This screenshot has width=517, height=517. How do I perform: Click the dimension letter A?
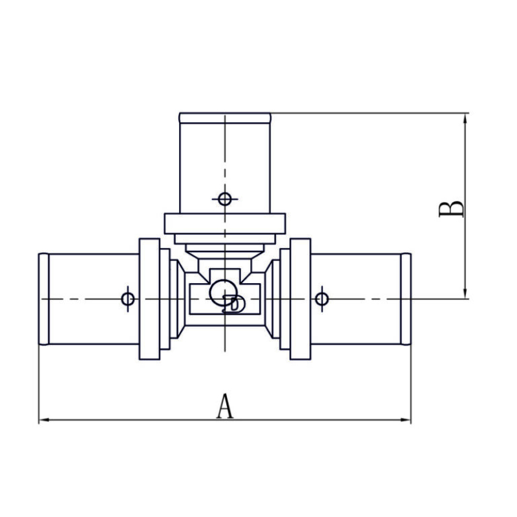[225, 406]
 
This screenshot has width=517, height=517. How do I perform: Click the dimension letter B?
[451, 209]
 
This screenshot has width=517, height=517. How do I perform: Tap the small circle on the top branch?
[225, 199]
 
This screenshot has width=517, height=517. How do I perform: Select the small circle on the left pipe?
[128, 299]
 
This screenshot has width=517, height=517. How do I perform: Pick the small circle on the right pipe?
[322, 299]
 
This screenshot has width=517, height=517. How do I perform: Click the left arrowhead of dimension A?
[44, 419]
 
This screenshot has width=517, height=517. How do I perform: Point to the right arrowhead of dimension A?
[406, 419]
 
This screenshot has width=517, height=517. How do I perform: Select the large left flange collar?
[150, 299]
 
